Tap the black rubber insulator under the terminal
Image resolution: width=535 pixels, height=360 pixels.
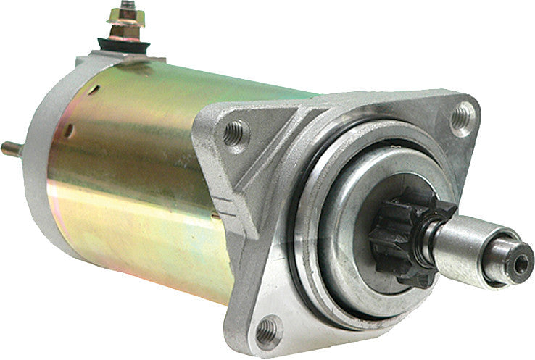point(128,46)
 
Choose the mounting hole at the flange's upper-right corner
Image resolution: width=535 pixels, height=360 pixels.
point(461,116)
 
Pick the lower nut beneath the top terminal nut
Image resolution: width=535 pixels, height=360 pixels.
point(127,31)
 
